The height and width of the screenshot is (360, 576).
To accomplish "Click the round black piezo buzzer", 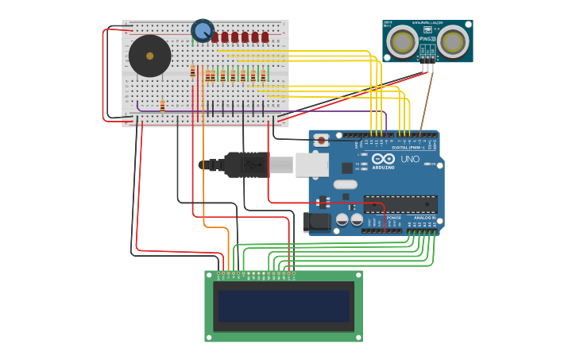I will point(149,56).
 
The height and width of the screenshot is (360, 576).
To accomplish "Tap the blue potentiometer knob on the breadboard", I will point(203,31).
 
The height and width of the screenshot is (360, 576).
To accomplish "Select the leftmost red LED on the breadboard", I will point(215,37).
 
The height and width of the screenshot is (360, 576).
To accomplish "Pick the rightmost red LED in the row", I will point(265,37).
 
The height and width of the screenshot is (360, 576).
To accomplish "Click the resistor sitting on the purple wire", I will point(162,106).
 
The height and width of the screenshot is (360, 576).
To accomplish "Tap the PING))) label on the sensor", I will point(427,38).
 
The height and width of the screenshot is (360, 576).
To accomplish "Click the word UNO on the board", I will point(409,159).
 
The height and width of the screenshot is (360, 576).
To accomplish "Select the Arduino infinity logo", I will point(383,157).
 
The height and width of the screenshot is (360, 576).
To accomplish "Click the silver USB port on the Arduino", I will point(311,165).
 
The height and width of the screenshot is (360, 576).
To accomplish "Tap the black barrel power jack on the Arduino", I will point(316,223).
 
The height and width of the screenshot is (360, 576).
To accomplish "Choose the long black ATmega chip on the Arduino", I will point(400,203).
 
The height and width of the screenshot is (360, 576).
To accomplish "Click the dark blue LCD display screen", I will point(284,306).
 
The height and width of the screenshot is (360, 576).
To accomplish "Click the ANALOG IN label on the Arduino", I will point(423,217).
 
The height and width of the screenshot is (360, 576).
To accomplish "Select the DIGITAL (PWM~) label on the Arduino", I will point(408,148).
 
